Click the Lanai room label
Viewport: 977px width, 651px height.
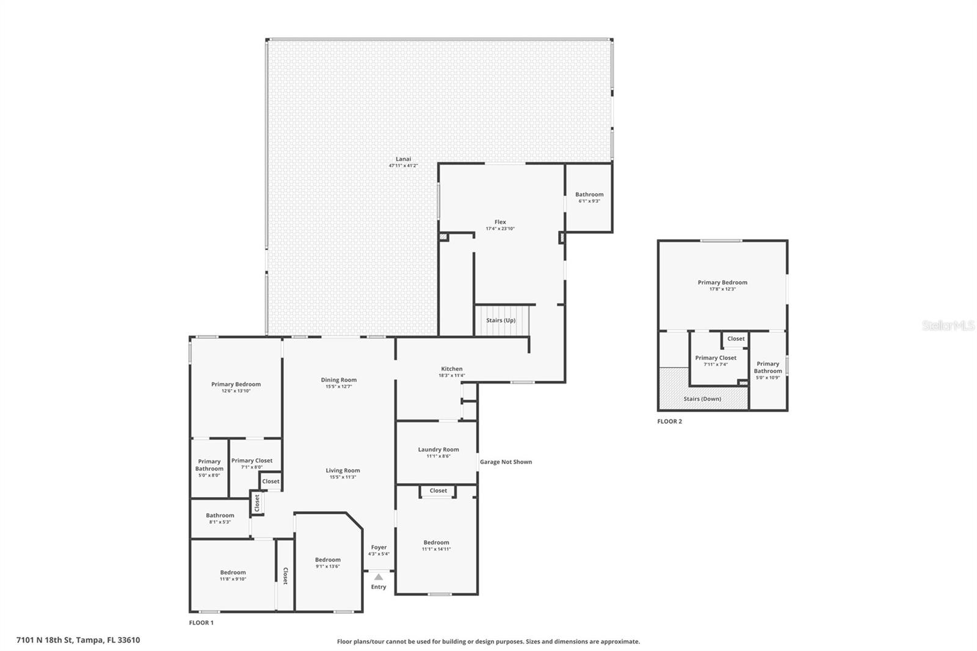click(403, 159)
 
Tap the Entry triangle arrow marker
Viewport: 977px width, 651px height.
click(379, 577)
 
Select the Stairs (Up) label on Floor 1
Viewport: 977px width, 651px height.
click(500, 320)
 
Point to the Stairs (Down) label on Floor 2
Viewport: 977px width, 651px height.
click(702, 399)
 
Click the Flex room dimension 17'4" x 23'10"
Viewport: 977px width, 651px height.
click(500, 229)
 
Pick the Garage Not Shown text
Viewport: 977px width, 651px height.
click(506, 462)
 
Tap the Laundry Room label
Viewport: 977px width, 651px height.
click(438, 449)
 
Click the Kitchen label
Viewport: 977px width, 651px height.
click(451, 369)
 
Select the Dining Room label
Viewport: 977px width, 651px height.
click(338, 380)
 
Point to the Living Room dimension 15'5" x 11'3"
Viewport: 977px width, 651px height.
click(343, 478)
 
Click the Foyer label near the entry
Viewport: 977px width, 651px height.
click(379, 547)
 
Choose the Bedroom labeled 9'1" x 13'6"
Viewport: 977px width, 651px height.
click(327, 560)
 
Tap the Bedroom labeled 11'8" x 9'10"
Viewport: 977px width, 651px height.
click(233, 573)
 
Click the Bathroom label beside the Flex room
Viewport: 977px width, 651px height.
click(589, 194)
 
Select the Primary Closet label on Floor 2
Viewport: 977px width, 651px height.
click(715, 358)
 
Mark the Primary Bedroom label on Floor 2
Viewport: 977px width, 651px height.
click(722, 282)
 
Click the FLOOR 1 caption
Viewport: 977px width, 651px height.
click(201, 623)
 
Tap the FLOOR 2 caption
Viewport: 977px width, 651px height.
click(669, 421)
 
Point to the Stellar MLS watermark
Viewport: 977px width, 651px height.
click(948, 326)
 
